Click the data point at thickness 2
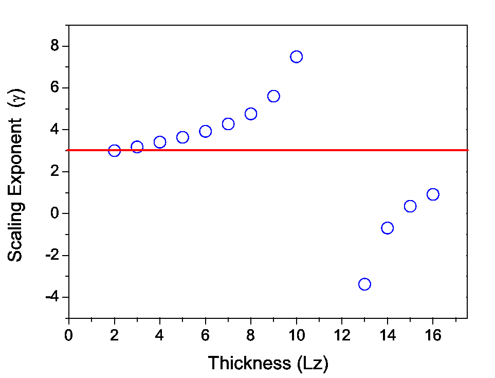coord(114,151)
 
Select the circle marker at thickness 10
coord(296,57)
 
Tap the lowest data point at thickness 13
coord(364,284)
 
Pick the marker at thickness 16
coord(433,194)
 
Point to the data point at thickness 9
coord(273,96)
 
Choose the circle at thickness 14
coord(388,228)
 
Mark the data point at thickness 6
coord(206,131)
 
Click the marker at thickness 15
coord(410,206)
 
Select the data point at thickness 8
coord(251,114)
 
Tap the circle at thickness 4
coord(160,142)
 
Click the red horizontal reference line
coord(334,150)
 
